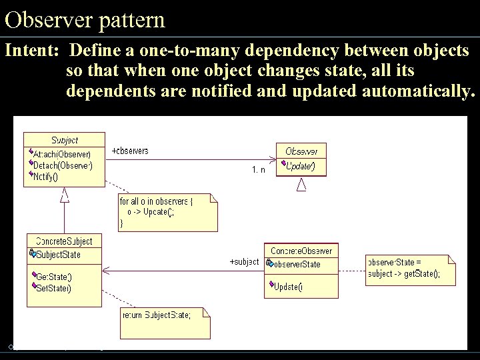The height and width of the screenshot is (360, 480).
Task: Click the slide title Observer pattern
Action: [85, 19]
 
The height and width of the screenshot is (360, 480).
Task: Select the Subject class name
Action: [65, 140]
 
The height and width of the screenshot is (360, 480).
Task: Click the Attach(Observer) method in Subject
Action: [62, 155]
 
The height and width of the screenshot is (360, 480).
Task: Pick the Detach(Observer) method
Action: [63, 165]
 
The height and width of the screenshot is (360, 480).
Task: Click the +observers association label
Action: [130, 151]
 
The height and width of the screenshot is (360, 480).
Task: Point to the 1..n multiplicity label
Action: [258, 170]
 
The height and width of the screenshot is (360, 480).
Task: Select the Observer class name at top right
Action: [301, 151]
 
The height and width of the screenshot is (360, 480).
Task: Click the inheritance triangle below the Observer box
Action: [301, 184]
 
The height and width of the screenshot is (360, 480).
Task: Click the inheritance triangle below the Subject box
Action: [65, 195]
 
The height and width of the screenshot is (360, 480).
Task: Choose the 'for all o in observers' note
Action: [167, 212]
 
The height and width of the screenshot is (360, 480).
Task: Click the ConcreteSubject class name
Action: [64, 241]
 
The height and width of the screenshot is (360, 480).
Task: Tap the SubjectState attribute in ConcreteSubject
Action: [58, 255]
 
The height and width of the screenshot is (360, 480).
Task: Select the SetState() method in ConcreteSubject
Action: [54, 288]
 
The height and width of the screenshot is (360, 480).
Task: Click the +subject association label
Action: [244, 262]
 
